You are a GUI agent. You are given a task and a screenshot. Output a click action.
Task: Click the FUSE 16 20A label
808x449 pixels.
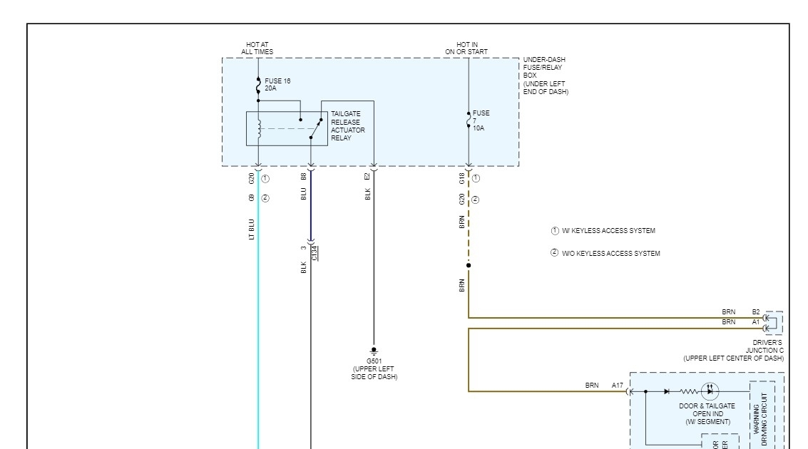coord(277,84)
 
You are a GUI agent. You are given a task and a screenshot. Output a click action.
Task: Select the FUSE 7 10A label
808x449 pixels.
coord(481,121)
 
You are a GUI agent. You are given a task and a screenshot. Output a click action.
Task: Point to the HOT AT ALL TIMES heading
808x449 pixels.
coord(257,48)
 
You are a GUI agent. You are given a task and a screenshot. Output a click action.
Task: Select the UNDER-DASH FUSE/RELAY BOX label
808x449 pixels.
coord(546,76)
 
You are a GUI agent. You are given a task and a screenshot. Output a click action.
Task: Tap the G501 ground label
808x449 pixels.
coord(374,361)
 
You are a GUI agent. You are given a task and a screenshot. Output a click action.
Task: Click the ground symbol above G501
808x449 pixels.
coord(374,351)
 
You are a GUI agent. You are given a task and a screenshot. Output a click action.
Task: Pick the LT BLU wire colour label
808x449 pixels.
coord(251,229)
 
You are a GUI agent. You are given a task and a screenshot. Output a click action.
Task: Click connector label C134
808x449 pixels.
coord(314,252)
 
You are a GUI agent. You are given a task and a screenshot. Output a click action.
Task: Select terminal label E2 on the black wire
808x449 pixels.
coord(367,176)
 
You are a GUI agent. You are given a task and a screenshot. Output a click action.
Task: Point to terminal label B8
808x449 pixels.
coord(304,176)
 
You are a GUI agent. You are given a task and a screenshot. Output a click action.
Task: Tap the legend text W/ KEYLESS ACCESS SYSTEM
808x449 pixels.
coord(608,231)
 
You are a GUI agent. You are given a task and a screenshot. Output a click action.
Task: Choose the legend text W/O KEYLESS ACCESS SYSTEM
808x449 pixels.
coord(610,254)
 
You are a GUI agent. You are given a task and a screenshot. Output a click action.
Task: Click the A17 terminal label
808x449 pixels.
coord(617,385)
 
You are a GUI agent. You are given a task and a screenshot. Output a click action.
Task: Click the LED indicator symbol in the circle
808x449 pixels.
coord(710,391)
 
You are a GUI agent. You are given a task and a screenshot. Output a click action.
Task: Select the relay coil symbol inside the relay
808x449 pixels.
coord(259,128)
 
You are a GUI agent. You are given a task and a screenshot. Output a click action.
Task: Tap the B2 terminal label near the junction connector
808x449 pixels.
coord(756,311)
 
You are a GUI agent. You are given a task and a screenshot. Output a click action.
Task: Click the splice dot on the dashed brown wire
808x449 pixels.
coord(469,266)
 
